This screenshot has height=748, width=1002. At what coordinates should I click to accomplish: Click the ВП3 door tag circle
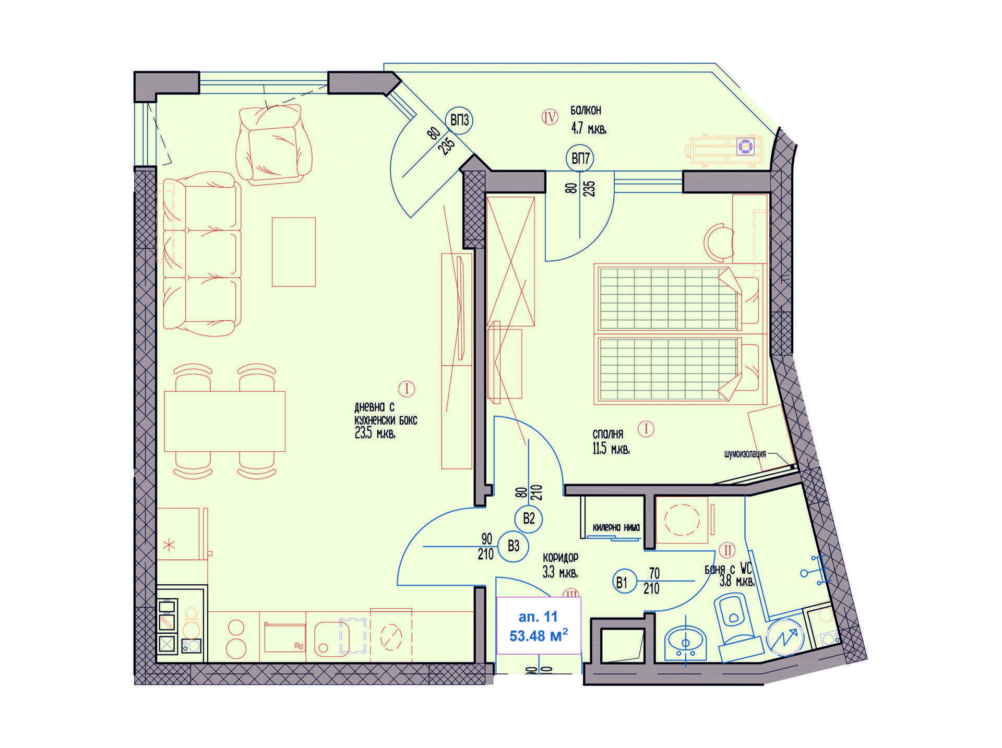click(459, 120)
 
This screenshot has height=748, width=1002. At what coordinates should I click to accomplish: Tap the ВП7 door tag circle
click(580, 158)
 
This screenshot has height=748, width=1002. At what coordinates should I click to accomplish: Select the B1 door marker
click(621, 582)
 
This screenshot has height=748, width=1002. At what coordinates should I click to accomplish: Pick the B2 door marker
click(529, 518)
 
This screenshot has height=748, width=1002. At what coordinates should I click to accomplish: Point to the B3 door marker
click(514, 546)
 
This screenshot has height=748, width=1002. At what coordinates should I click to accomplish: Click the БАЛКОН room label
click(586, 111)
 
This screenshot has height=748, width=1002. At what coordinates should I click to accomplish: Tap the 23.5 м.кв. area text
click(375, 433)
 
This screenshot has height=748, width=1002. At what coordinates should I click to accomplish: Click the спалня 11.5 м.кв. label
click(610, 442)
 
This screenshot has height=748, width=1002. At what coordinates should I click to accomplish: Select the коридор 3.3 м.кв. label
click(560, 565)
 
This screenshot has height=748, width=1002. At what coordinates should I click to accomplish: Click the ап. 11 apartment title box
click(538, 625)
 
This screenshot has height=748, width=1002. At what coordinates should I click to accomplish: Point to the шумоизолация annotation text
click(745, 454)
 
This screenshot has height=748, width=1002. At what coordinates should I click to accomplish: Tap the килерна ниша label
click(616, 527)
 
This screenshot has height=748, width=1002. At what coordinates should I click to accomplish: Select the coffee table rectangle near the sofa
click(294, 252)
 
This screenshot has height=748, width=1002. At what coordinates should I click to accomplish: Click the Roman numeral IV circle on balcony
click(550, 117)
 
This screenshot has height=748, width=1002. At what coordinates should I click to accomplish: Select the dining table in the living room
click(224, 421)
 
